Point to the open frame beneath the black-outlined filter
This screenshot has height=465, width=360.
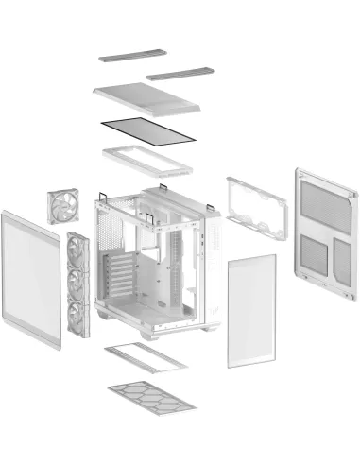[x=146, y=160]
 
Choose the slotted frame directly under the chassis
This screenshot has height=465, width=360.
[x=146, y=358]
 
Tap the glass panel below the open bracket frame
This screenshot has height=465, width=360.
[x=251, y=309]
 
